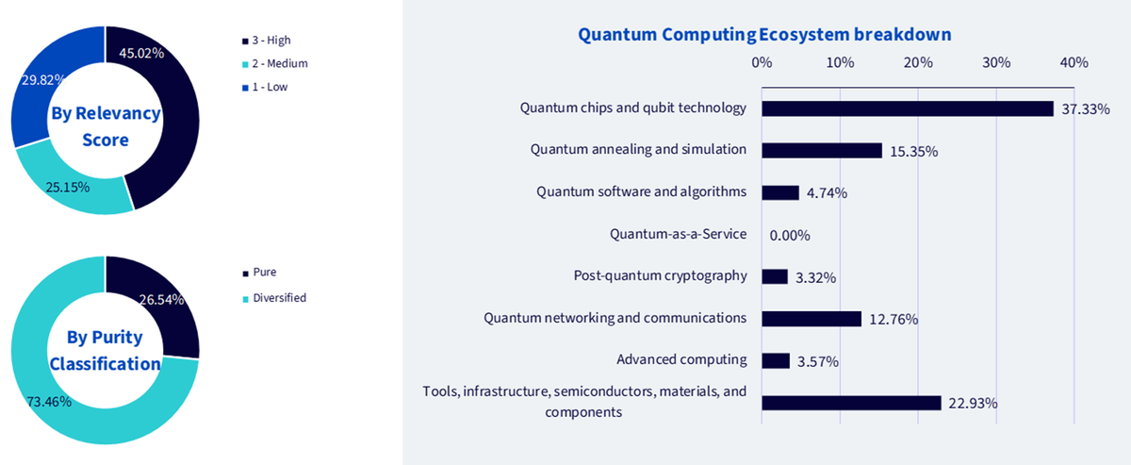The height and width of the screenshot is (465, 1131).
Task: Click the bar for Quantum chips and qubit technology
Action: pos(908,108)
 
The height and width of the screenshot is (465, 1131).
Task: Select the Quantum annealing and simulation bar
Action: pos(822,151)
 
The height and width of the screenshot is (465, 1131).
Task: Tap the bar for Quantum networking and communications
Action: pos(811,319)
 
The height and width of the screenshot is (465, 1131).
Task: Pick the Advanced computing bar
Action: pos(776,361)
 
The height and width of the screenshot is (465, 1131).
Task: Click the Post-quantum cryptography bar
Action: pos(775,276)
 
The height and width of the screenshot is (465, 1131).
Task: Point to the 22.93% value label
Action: pos(973,404)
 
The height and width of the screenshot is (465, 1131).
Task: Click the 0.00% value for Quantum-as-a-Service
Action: pos(790,236)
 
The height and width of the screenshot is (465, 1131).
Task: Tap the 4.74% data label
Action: pos(828,193)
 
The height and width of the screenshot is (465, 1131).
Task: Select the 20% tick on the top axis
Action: pos(918,62)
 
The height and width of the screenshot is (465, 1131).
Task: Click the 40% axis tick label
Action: pos(1074,62)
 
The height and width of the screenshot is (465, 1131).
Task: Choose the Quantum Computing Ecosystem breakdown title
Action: pos(764,34)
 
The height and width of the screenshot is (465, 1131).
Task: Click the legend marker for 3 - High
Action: pos(245,41)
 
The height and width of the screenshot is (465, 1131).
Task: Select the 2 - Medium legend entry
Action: pos(275,64)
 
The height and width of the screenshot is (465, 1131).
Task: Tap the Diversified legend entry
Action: pos(274,298)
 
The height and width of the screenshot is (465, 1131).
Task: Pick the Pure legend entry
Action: pos(259,273)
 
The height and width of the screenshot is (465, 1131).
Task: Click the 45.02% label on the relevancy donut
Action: pos(141,53)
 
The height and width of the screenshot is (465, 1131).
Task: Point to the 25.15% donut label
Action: pos(68,188)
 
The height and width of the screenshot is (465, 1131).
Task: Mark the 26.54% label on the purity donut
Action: pos(161,300)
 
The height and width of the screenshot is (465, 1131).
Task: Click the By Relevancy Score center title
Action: pos(106,126)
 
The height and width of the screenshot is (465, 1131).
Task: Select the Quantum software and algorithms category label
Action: pos(641,192)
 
